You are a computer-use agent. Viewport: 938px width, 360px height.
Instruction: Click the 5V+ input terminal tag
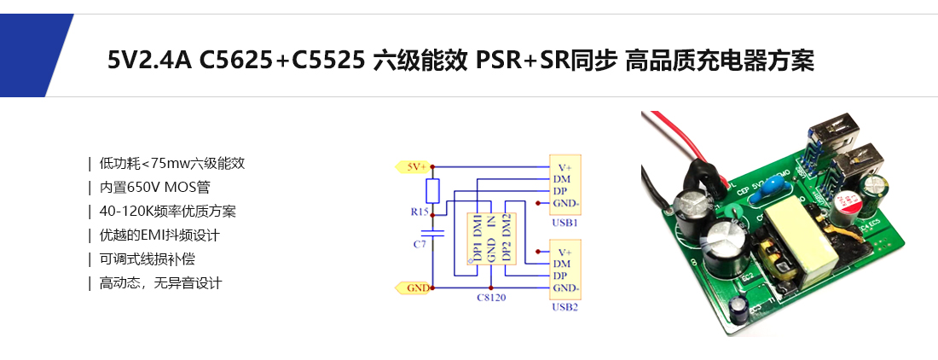tap(414, 167)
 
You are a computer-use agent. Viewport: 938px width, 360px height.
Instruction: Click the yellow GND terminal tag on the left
tap(415, 288)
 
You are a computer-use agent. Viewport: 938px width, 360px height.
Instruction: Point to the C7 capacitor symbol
tap(433, 231)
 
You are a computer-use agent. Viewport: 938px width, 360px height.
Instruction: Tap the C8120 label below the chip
tap(492, 299)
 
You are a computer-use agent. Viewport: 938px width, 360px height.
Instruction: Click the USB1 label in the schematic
tap(565, 223)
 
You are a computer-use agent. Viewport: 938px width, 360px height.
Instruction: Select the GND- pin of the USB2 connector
tap(565, 287)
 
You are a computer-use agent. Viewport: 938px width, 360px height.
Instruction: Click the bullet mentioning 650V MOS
tap(160, 187)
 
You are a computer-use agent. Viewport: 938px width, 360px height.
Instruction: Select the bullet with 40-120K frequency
tap(167, 211)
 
